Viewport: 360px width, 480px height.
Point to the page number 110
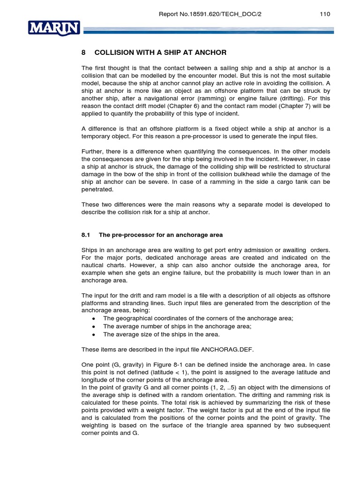325,14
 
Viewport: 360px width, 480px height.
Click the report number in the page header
210,14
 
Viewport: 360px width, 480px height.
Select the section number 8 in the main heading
84,52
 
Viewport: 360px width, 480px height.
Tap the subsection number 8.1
86,235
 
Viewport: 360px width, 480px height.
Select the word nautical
93,265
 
